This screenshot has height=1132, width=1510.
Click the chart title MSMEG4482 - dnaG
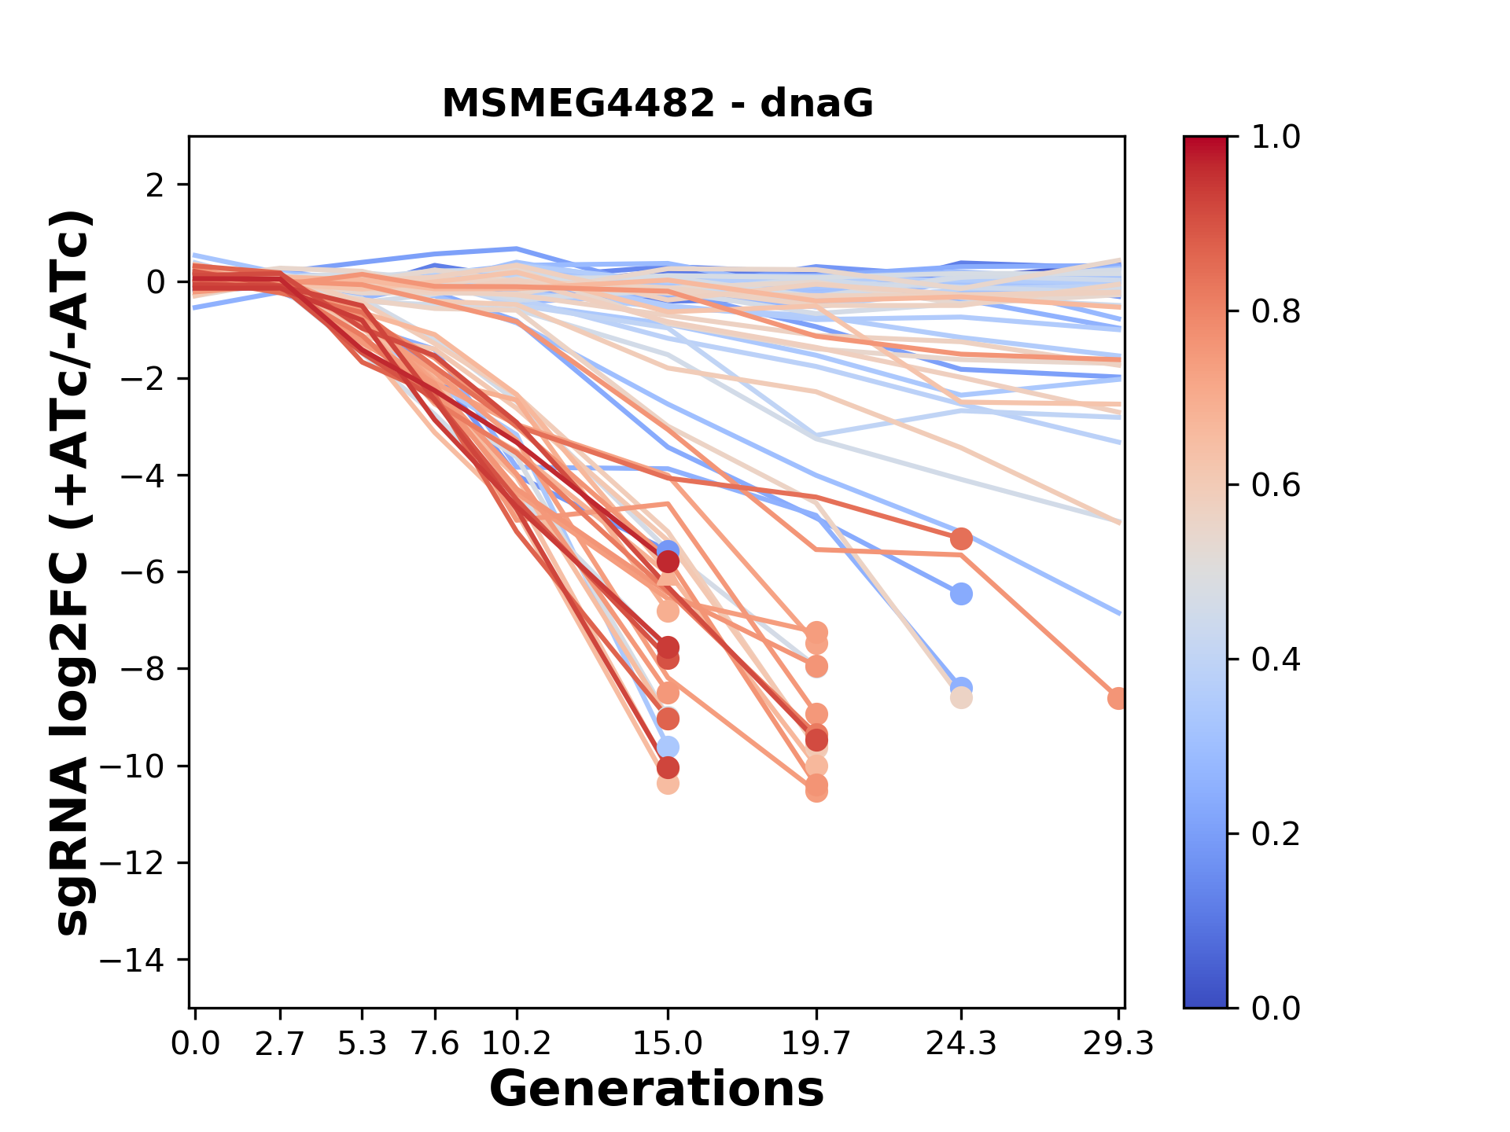[657, 104]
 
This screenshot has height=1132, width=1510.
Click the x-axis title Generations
[657, 1089]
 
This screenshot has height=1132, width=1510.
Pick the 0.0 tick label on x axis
[195, 1044]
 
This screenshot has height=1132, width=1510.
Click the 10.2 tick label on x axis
[516, 1044]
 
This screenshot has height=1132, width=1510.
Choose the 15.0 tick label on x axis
[668, 1044]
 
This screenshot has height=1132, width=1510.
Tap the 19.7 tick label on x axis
[816, 1044]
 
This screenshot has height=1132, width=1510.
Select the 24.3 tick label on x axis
[960, 1044]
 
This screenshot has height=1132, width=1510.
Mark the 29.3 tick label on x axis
[1118, 1044]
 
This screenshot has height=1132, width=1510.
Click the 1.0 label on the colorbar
[1276, 138]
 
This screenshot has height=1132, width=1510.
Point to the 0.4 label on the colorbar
[1276, 660]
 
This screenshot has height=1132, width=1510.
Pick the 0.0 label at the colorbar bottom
[1276, 1008]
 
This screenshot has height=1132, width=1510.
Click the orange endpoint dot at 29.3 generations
[1117, 698]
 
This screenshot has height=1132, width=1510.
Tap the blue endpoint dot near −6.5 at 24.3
[960, 594]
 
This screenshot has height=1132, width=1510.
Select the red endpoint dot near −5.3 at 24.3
[960, 538]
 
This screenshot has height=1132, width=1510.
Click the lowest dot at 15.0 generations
[668, 783]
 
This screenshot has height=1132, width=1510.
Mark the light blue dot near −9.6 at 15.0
[668, 747]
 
